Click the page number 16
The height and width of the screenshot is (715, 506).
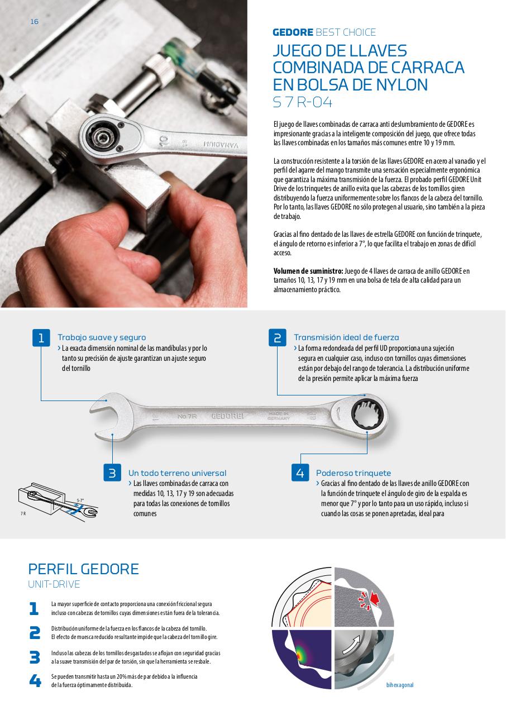(x=35, y=22)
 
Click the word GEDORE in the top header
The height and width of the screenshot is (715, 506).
(x=293, y=32)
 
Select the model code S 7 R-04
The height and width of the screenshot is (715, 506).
(x=302, y=102)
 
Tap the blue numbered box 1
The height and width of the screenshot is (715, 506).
(x=41, y=337)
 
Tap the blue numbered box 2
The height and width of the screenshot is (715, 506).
(x=278, y=337)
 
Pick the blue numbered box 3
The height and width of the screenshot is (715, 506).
(x=112, y=473)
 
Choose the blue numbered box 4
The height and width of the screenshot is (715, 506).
(x=300, y=473)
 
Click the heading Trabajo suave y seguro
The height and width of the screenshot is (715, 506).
(x=102, y=337)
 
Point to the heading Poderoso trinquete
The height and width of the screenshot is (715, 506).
(x=354, y=473)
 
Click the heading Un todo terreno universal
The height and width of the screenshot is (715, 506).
(x=178, y=473)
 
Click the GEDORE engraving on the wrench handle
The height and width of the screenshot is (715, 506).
(x=227, y=416)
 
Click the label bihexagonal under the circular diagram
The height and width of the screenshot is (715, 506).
(x=400, y=685)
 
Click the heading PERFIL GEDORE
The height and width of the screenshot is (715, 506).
(x=83, y=569)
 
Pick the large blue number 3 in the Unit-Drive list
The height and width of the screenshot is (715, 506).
(x=35, y=657)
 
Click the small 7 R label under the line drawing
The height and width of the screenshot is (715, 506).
(x=23, y=513)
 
